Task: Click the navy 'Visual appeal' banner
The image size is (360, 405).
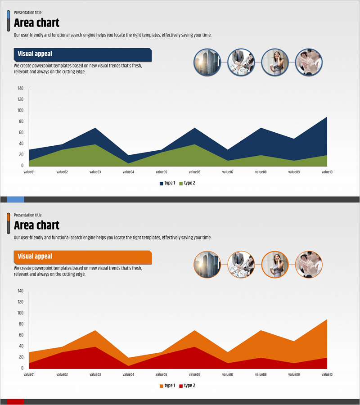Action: [x=82, y=54]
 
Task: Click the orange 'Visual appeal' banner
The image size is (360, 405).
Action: [x=82, y=257]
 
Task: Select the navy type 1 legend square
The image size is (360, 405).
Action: [x=162, y=184]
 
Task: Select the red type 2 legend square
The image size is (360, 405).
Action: [x=181, y=386]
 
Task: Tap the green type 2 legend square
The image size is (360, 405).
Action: [x=181, y=184]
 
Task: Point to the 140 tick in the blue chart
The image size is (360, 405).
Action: [x=21, y=89]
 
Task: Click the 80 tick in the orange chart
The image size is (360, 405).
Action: [x=21, y=324]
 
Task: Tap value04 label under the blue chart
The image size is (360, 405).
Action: [x=128, y=172]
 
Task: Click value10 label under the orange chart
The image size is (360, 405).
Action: [x=327, y=374]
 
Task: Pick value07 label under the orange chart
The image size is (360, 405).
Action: [x=228, y=374]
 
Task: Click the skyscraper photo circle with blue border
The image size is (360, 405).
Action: [x=207, y=62]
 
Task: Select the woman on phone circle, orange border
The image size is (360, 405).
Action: [x=275, y=265]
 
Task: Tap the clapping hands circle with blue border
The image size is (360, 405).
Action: [x=309, y=62]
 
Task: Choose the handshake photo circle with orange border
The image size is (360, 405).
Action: [x=241, y=265]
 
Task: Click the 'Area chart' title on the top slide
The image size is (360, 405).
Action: [x=36, y=23]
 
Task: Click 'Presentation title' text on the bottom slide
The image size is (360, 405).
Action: [x=27, y=215]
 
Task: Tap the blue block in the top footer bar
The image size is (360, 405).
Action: [x=15, y=199]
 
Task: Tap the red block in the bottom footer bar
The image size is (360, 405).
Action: [x=15, y=402]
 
